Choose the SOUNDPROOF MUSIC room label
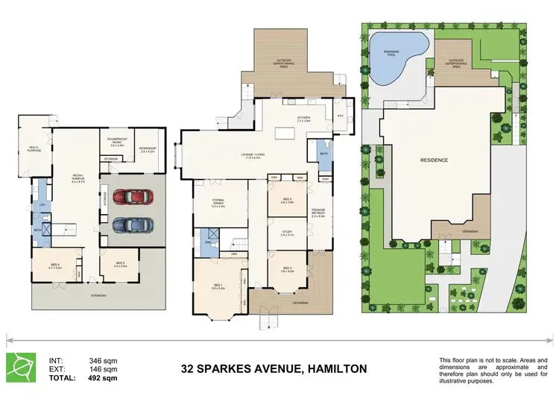(116, 144)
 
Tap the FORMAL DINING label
(219, 204)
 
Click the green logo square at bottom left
(20, 365)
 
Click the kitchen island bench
(284, 134)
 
